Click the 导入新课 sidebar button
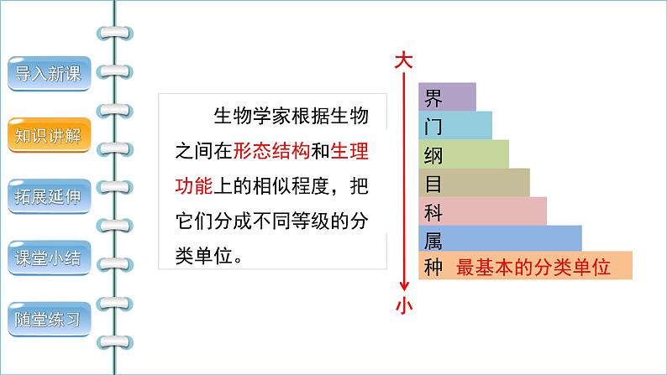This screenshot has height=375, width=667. tap(48, 75)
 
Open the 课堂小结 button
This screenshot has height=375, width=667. tap(48, 258)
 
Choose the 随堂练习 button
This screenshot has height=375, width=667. tap(48, 320)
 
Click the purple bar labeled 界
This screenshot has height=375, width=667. tap(447, 96)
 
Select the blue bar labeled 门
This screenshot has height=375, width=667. tap(454, 126)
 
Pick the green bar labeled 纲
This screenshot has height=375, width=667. tap(463, 154)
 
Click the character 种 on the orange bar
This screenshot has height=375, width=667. tap(433, 268)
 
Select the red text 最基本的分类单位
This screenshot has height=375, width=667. tap(532, 268)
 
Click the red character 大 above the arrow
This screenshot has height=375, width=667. tap(404, 61)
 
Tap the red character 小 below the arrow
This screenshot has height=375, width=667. tap(404, 306)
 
